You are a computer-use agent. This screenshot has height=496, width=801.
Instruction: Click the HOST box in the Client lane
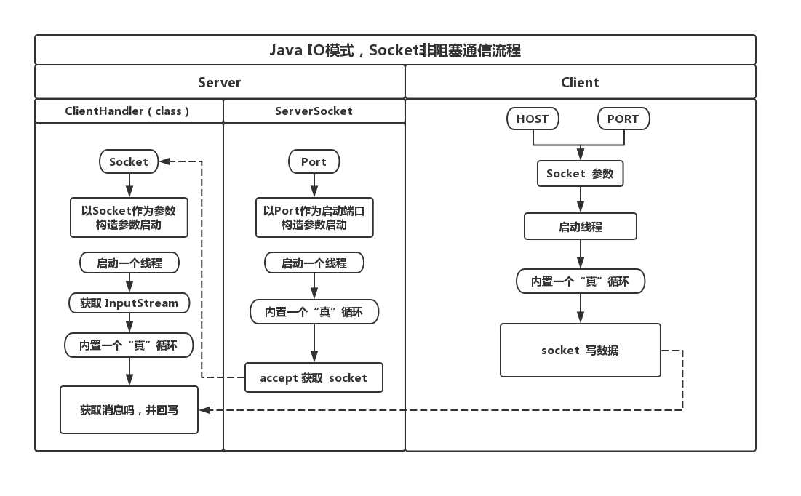[x=533, y=119]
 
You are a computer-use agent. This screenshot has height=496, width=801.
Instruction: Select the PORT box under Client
[x=623, y=119]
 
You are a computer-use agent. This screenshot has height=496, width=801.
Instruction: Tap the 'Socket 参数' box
[x=580, y=174]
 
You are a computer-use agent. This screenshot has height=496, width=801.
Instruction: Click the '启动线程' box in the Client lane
[x=580, y=226]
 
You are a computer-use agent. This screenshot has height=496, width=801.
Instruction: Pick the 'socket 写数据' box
[x=580, y=350]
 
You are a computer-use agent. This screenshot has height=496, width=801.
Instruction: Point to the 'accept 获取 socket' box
[x=314, y=377]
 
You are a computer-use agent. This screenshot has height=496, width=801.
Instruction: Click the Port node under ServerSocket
[x=314, y=161]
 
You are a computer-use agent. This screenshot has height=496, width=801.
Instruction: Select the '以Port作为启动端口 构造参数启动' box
[x=314, y=217]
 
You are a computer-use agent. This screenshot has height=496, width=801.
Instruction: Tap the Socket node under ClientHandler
[x=129, y=161]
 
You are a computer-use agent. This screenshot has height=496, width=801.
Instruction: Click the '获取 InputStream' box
[x=129, y=303]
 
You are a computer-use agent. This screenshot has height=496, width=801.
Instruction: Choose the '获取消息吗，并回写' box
[x=129, y=410]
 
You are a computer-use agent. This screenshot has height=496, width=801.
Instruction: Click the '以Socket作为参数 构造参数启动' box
[x=129, y=217]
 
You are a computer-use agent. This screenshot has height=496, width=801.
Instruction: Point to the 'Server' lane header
[x=219, y=82]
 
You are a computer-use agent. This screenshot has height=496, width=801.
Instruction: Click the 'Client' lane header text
[x=580, y=82]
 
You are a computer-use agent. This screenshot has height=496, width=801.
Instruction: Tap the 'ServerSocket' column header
[x=314, y=111]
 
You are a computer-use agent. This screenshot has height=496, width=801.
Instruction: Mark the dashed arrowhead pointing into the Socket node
[x=165, y=161]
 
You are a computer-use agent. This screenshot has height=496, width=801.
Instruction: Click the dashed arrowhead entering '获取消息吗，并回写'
[x=205, y=410]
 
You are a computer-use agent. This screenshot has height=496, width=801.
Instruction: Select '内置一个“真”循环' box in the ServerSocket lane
[x=314, y=312]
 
